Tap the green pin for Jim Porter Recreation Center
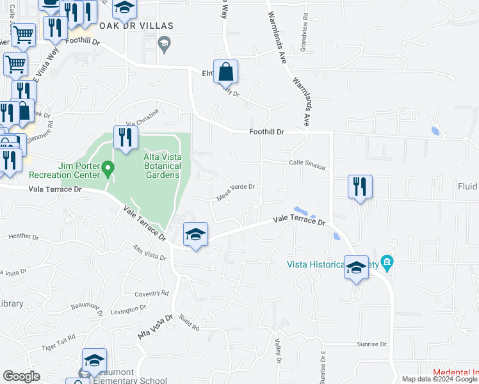[x=108, y=170]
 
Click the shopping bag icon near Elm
[x=226, y=72]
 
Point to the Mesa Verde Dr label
[x=237, y=192]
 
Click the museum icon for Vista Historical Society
[x=386, y=262]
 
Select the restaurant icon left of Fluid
[x=360, y=186]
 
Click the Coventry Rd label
[x=152, y=294]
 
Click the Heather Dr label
[x=24, y=236]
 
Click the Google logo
[x=21, y=376]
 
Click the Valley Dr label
[x=279, y=351]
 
